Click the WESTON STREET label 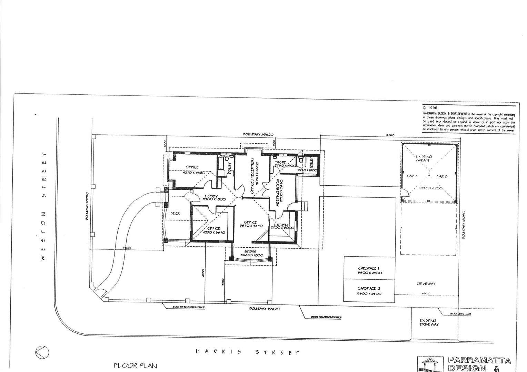click(x=43, y=206)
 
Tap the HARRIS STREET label click(x=247, y=352)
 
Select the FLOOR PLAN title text click(x=135, y=365)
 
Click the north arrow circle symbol click(x=42, y=352)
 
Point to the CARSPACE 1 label click(x=369, y=268)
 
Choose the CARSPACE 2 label click(x=369, y=288)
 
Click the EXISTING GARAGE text click(x=424, y=158)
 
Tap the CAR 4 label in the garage click(x=412, y=176)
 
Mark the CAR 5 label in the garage click(x=442, y=176)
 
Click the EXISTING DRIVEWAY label click(x=429, y=322)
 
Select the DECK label click(x=175, y=213)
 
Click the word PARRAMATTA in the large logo click(x=479, y=361)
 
